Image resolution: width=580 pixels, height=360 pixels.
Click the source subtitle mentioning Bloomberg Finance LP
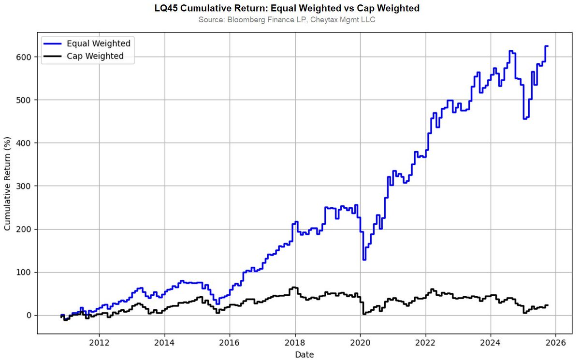pos(290,20)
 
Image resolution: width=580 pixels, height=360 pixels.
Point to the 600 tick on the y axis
pos(25,57)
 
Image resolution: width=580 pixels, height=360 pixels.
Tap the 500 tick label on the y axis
pos(25,100)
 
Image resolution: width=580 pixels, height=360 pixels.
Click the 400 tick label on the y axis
pos(25,143)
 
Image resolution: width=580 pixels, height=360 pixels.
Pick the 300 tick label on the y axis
pos(25,186)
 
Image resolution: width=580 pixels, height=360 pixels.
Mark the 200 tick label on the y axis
pos(25,229)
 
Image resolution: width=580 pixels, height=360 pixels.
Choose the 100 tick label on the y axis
pos(25,272)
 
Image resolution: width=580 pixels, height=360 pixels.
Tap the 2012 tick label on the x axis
pos(99,343)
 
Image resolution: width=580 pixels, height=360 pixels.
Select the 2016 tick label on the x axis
pos(230,343)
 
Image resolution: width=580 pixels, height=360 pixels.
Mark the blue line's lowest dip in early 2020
pos(364,259)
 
